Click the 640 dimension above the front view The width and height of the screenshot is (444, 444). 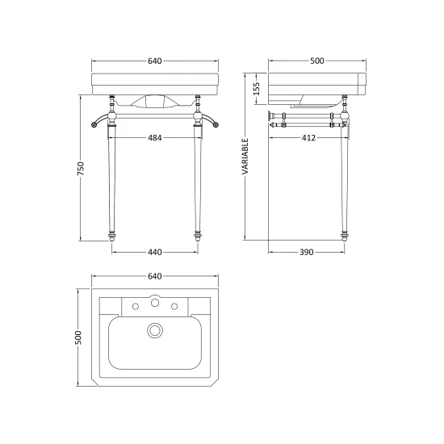click(x=155, y=61)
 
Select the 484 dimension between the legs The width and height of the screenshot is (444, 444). click(x=155, y=138)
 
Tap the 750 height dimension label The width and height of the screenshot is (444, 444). click(x=81, y=169)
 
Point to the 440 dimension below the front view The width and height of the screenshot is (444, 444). click(x=155, y=252)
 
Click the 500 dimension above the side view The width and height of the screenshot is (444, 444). click(x=317, y=61)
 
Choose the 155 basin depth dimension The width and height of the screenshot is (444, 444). click(x=256, y=89)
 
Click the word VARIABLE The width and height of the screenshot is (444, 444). click(x=245, y=157)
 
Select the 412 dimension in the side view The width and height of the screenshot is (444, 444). click(x=308, y=138)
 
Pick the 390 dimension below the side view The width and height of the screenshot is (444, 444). click(x=307, y=252)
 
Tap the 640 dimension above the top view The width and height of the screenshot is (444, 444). click(x=155, y=276)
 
